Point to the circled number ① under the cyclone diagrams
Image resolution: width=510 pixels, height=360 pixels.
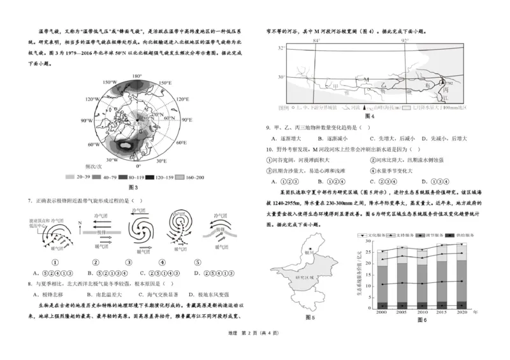(x=55, y=261)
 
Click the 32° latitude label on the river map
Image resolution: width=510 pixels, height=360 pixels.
(x=281, y=48)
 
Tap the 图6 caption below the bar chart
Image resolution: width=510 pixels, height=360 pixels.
(x=421, y=320)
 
